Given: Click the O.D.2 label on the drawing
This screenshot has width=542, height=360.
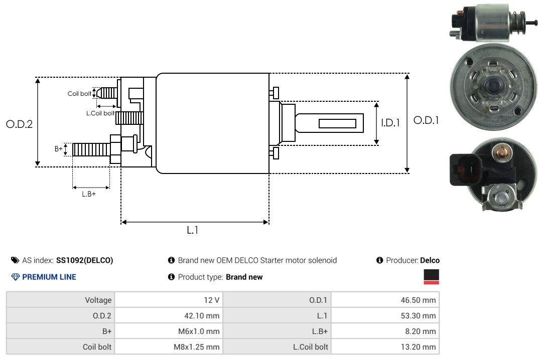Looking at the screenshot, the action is pos(20,124).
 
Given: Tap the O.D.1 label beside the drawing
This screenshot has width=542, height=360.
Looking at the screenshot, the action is pos(426,120).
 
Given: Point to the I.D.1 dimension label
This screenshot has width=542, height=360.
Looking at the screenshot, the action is pos(390,123).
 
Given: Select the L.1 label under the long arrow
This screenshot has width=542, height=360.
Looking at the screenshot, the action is pos(193,230).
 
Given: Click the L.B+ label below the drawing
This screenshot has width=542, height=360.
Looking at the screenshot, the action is pos(89,194).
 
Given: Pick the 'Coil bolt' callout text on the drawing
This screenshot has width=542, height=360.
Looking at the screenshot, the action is pos(79,94).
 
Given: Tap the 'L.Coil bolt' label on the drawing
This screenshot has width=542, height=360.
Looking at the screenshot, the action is pos(100,113).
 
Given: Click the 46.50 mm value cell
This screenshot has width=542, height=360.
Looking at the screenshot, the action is pos(385,300).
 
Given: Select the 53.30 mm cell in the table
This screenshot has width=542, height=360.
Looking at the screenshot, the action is pos(385,315).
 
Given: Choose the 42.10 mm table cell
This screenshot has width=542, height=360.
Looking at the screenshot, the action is pos(169,315).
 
